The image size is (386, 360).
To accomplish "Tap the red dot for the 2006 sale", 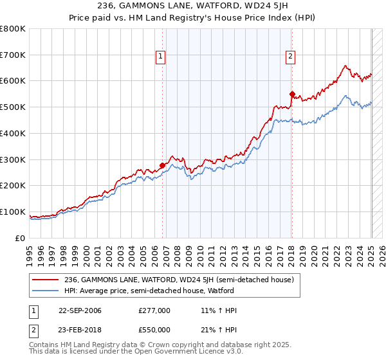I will coord(162,165).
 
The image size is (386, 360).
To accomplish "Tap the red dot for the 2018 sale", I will coord(292,93).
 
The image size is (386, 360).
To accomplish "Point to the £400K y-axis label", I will coord(13,134).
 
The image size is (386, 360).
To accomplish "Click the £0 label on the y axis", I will coord(21,238).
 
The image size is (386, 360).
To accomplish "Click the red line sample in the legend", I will coord(45,280).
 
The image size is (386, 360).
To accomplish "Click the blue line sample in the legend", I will coord(45,291).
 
